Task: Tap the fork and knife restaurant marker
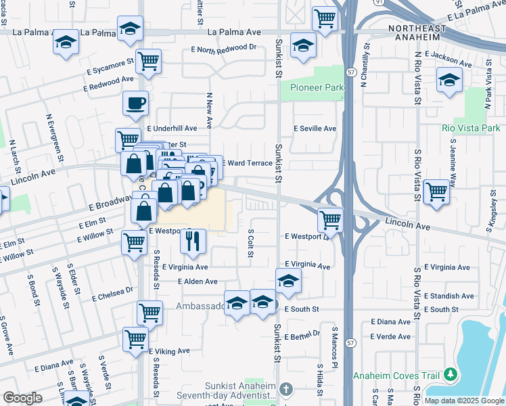coord(193,241)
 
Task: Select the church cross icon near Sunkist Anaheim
coord(286,389)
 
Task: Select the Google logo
coord(22,398)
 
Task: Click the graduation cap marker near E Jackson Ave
coord(449,81)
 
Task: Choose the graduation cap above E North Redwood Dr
coord(303,45)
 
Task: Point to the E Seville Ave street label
coord(314,129)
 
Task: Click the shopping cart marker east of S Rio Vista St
coord(437,191)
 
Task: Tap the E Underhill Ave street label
coord(171,128)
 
